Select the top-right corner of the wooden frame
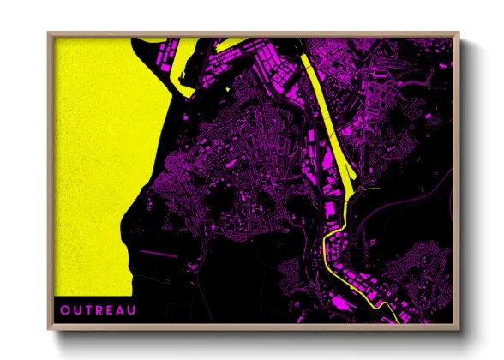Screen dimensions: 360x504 click(x=458, y=34)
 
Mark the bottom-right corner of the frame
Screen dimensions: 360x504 click(x=458, y=329)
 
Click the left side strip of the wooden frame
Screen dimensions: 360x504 click(x=51, y=180)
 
